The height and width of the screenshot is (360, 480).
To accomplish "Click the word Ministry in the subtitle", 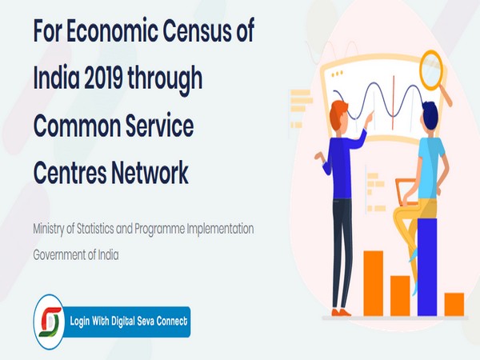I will coord(50,229).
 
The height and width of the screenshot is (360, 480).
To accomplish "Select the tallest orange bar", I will coord(374,282).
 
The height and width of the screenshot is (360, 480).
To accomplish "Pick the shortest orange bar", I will coord(454,304).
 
